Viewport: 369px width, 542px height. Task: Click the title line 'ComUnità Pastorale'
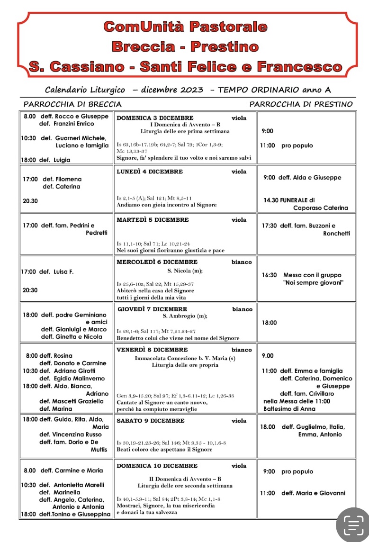pyautogui.click(x=185, y=27)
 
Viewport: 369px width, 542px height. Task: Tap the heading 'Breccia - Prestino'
pyautogui.click(x=185, y=46)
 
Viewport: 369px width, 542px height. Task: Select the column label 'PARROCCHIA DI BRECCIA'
pyautogui.click(x=72, y=104)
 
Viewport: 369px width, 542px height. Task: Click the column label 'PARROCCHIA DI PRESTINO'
pyautogui.click(x=301, y=104)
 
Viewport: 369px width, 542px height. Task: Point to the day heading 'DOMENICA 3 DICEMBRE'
pyautogui.click(x=155, y=118)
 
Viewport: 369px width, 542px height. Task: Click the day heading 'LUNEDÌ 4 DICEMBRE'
pyautogui.click(x=150, y=172)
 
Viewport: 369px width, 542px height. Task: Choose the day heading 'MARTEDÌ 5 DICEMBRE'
pyautogui.click(x=153, y=220)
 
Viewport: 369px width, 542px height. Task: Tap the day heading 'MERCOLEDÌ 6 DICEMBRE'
pyautogui.click(x=157, y=262)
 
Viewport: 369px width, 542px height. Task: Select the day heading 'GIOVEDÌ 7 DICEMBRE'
pyautogui.click(x=152, y=309)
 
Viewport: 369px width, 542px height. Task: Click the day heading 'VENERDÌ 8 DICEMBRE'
pyautogui.click(x=152, y=350)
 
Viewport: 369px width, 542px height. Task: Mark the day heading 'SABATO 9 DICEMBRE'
pyautogui.click(x=151, y=421)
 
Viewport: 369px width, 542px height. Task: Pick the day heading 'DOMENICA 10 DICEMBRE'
pyautogui.click(x=157, y=466)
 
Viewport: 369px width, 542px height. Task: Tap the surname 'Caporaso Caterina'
pyautogui.click(x=320, y=208)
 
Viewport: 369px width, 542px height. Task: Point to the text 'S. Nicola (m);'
pyautogui.click(x=185, y=271)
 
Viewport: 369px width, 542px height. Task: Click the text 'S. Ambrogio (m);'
pyautogui.click(x=185, y=316)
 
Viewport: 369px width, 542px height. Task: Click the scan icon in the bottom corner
pyautogui.click(x=352, y=525)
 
